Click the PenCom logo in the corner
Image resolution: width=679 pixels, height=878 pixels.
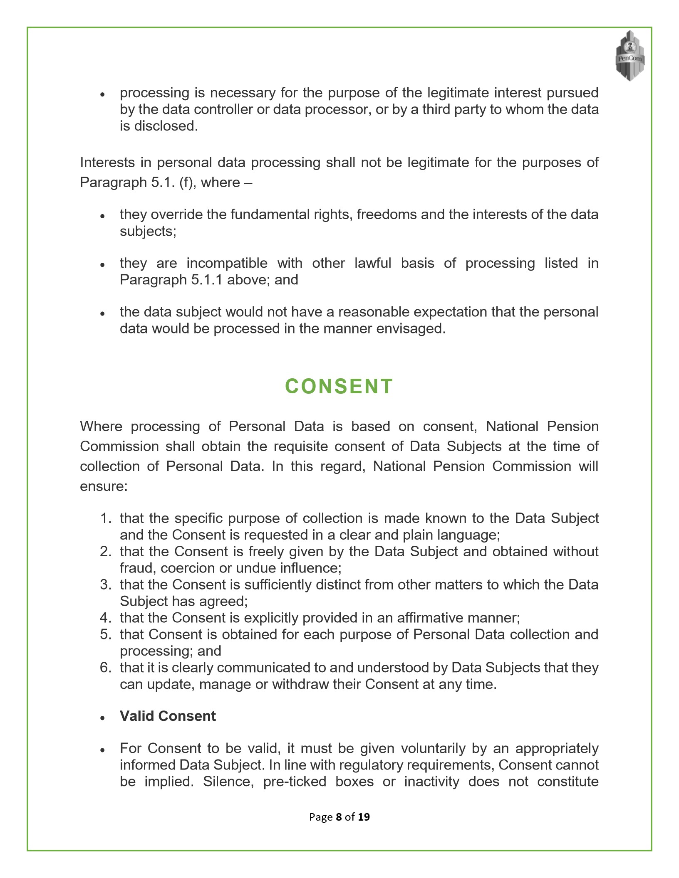tap(630, 56)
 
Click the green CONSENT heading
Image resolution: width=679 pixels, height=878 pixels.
tap(339, 386)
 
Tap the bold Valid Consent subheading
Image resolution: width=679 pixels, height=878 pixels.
tap(168, 716)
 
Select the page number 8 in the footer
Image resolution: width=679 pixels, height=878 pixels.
tap(339, 817)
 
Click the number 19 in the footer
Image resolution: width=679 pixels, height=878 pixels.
tap(363, 817)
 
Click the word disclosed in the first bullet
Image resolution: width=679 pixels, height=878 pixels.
tap(166, 126)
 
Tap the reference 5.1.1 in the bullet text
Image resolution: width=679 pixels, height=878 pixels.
tap(207, 280)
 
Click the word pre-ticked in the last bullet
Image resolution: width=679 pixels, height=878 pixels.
tap(295, 782)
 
